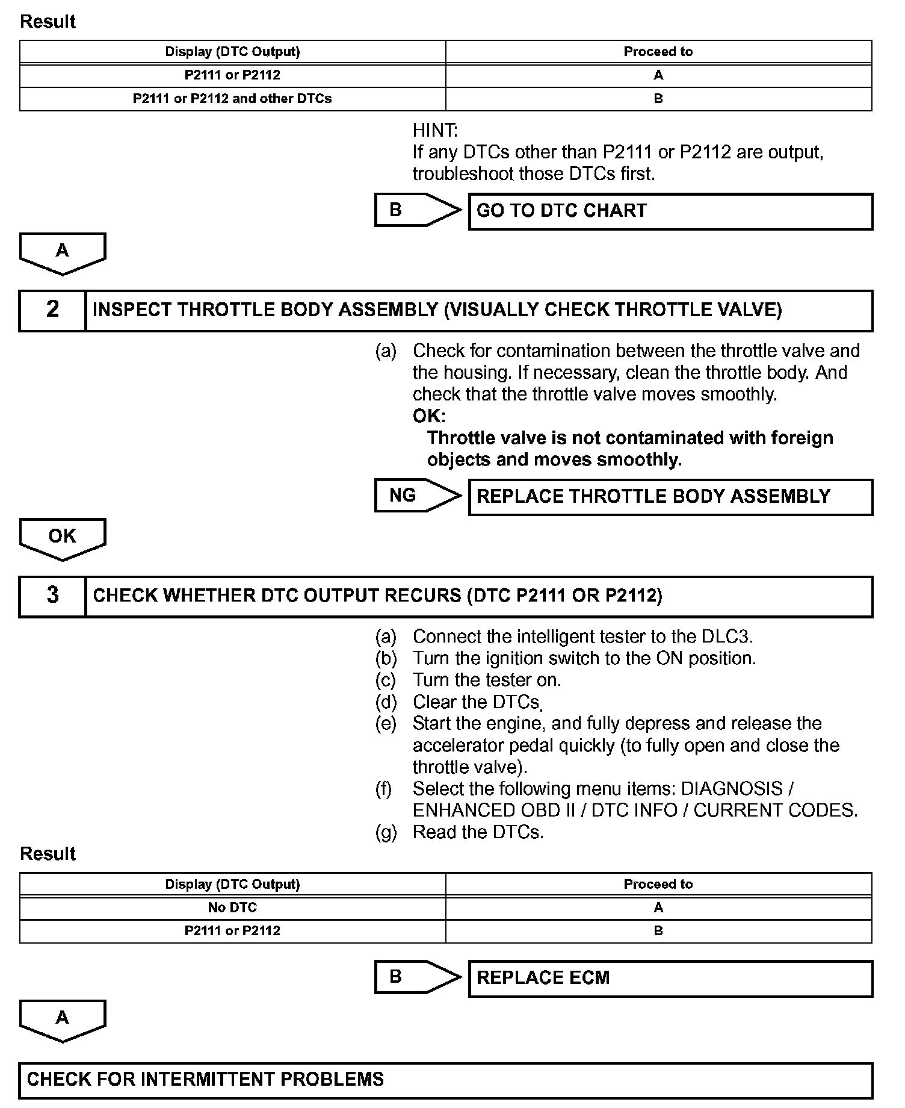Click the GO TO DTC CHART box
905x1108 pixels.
tap(670, 211)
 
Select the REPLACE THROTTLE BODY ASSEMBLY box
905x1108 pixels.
tap(670, 497)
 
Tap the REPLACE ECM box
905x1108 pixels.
tap(670, 978)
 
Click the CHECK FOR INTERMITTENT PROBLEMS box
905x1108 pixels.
tap(445, 1080)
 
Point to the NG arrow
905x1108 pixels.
tap(416, 496)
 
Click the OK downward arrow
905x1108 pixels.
tap(63, 538)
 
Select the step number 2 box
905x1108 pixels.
tap(52, 310)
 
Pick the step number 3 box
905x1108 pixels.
tap(52, 596)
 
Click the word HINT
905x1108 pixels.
tap(434, 130)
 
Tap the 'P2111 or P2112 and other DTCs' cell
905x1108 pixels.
tap(232, 99)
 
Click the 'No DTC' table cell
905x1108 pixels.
tap(232, 907)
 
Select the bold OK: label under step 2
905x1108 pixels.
tap(428, 416)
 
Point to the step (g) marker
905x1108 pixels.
tap(386, 832)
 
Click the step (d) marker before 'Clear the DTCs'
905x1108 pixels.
tap(386, 702)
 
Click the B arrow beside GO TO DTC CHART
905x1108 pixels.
tap(416, 210)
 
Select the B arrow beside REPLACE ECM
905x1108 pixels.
tap(416, 977)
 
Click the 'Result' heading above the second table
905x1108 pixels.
tap(48, 854)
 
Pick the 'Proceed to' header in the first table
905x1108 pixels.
tap(658, 52)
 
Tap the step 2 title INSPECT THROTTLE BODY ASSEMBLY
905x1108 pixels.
tap(265, 310)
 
